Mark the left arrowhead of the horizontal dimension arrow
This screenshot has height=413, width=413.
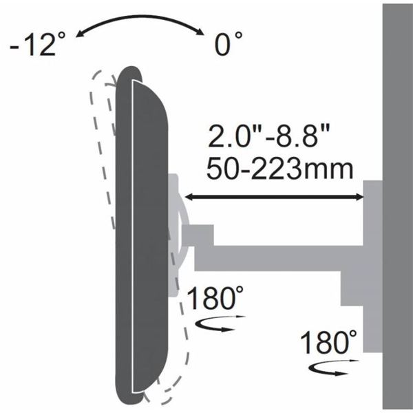[187, 198]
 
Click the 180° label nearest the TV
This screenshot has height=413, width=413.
[215, 300]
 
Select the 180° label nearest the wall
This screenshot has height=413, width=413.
[330, 342]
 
